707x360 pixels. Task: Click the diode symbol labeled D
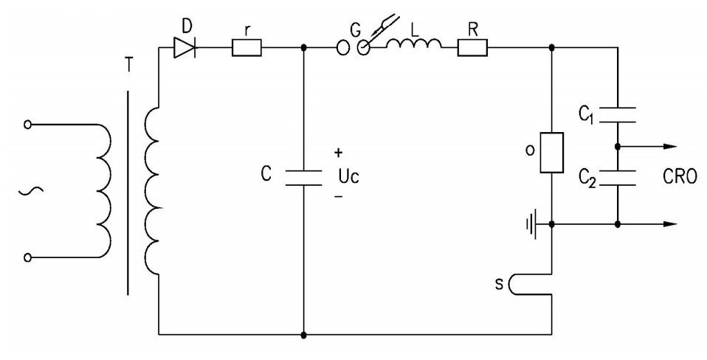pos(184,47)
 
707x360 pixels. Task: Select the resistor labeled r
pos(246,47)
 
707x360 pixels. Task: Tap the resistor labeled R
pos(472,47)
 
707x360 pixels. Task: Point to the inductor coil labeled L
pos(414,44)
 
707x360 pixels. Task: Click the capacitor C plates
pos(303,178)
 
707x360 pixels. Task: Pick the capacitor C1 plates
pos(618,115)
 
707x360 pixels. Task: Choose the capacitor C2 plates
pos(618,179)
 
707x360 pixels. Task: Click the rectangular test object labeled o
pos(551,153)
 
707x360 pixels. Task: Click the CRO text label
pos(680,176)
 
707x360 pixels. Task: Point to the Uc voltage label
pos(348,176)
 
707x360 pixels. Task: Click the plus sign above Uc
pos(339,153)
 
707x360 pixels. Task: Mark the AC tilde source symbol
pos(31,192)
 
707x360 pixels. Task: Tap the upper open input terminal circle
pos(27,125)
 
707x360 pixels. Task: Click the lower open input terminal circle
pos(27,257)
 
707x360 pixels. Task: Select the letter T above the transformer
pos(129,66)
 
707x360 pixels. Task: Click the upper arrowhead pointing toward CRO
pos(670,146)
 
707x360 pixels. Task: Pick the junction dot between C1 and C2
pos(618,146)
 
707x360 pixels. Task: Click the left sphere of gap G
pos(343,47)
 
